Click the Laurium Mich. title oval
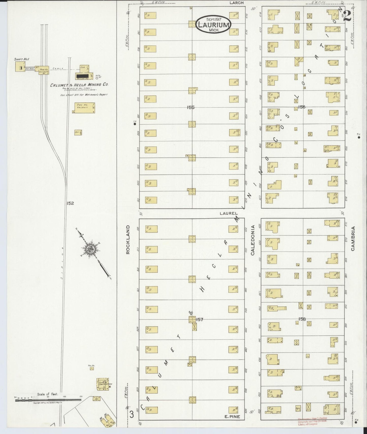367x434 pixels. tap(213, 23)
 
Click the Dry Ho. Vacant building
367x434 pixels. tap(84, 108)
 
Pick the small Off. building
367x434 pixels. tap(78, 132)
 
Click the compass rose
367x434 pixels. tap(90, 249)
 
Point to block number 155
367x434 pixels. tap(190, 107)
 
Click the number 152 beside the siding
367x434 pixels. tap(70, 203)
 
